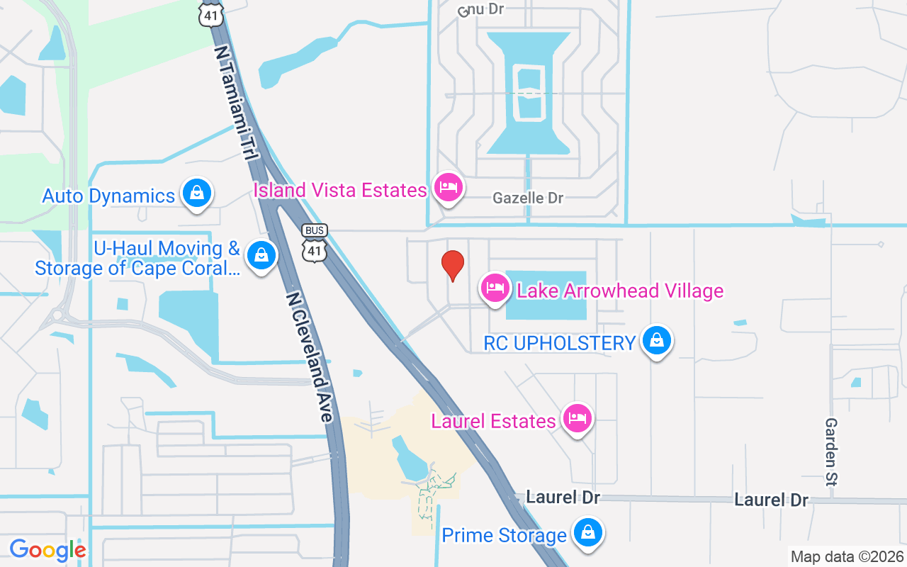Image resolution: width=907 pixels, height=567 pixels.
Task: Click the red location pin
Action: click(x=453, y=266)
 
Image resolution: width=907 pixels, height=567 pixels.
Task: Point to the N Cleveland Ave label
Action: click(x=310, y=357)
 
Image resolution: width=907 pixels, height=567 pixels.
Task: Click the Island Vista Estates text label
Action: click(x=340, y=190)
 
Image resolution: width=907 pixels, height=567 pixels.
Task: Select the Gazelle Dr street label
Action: click(x=528, y=198)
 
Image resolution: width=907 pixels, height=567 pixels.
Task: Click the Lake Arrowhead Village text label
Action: click(x=620, y=291)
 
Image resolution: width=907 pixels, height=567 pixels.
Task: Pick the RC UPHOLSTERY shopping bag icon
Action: click(x=657, y=342)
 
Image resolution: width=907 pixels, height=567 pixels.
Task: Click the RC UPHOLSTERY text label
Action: click(x=560, y=343)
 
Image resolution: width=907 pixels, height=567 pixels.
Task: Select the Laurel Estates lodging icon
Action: click(x=578, y=419)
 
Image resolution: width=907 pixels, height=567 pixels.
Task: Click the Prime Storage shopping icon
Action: click(x=587, y=533)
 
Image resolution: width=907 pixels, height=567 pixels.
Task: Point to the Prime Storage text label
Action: click(x=504, y=535)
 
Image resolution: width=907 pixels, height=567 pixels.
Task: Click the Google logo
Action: click(x=47, y=549)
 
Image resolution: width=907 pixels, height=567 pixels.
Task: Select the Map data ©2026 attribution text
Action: click(x=847, y=557)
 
